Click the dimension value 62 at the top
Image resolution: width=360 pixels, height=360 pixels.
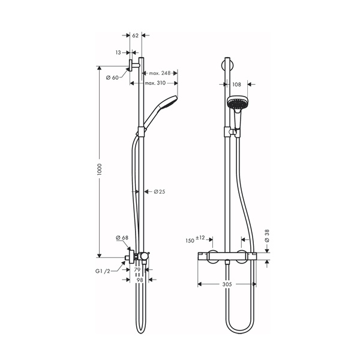(135, 36)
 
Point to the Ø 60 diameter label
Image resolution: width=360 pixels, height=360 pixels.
(112, 77)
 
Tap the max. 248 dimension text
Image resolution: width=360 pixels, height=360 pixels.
(160, 73)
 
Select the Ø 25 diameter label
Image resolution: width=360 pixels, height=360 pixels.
(159, 192)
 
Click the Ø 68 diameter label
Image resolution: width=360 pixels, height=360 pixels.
(122, 239)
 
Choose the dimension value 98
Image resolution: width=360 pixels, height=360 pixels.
(139, 280)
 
